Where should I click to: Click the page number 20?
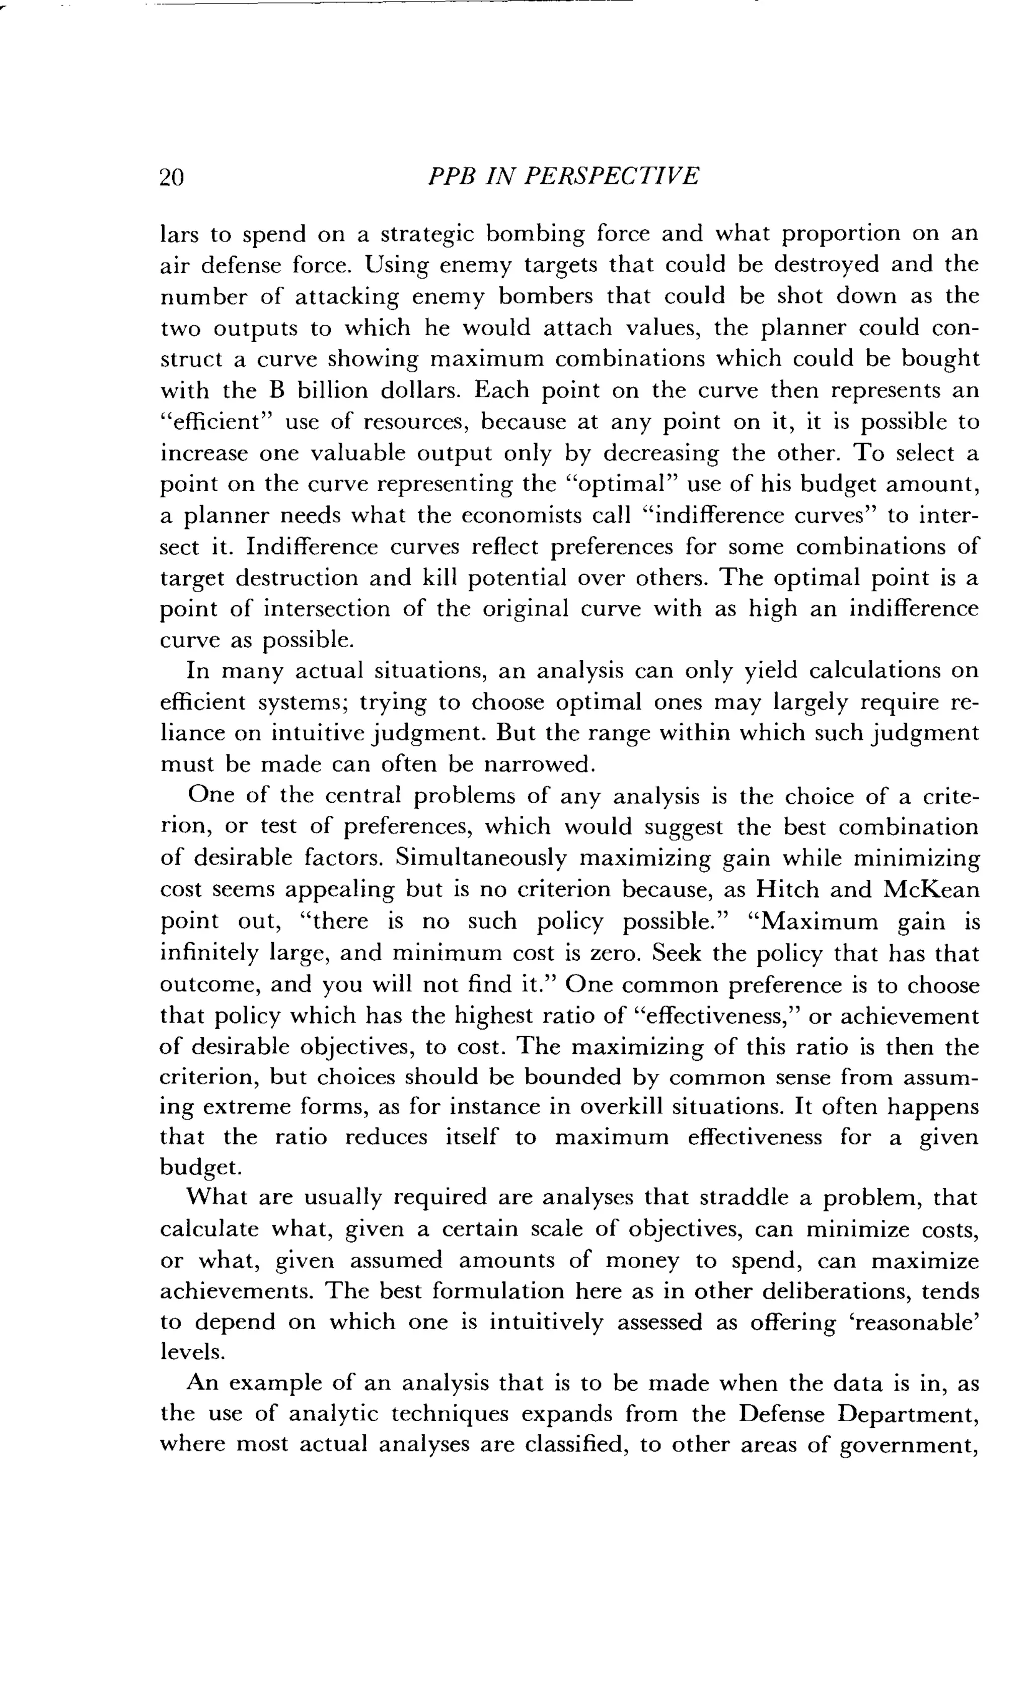(x=172, y=178)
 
